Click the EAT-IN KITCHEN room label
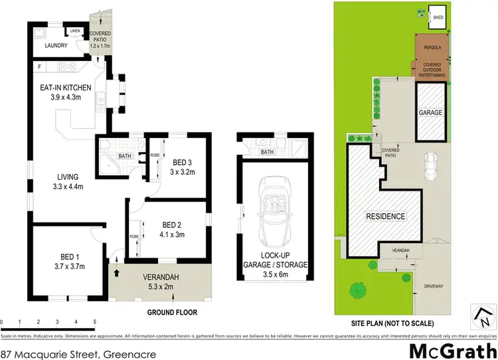pyautogui.click(x=62, y=86)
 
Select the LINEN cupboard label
pyautogui.click(x=75, y=31)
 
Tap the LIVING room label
pyautogui.click(x=68, y=177)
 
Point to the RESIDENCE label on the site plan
pyautogui.click(x=386, y=217)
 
